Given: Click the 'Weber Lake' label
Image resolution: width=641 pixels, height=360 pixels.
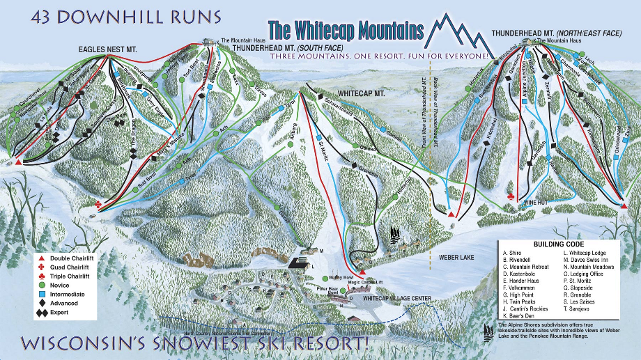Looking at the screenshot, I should click(x=456, y=257).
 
